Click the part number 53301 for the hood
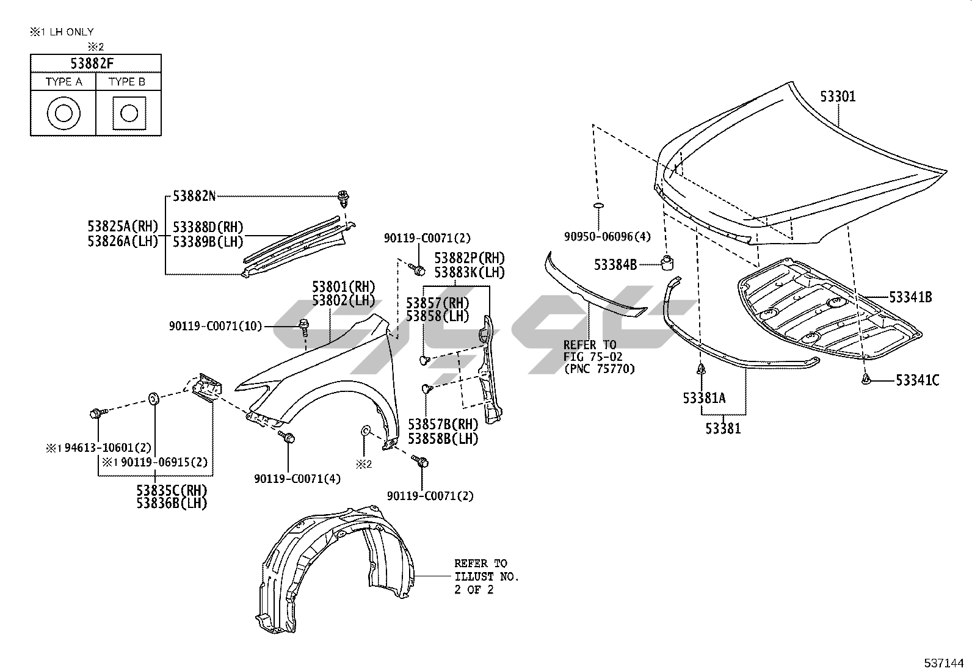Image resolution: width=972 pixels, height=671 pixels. (838, 96)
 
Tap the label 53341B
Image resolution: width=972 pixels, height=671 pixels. (910, 297)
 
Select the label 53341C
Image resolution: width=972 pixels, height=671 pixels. (917, 380)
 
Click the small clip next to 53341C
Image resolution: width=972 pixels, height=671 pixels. (866, 380)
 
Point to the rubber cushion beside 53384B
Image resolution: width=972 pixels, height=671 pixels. (667, 263)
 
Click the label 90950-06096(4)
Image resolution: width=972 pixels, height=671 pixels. (607, 236)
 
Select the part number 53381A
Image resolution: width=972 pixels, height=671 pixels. (704, 398)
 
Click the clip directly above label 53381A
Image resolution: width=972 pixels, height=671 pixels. (700, 369)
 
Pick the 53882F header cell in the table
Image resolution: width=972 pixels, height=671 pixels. (96, 63)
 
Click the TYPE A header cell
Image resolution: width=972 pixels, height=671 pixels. (63, 81)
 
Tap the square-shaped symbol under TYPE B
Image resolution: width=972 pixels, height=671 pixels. (129, 113)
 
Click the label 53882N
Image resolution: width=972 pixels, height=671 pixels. (194, 196)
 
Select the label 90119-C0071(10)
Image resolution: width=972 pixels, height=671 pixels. (216, 327)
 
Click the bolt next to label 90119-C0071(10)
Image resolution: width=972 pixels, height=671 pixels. (303, 325)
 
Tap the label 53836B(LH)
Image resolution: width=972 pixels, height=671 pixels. (172, 503)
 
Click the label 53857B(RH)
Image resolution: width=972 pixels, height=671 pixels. (443, 424)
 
